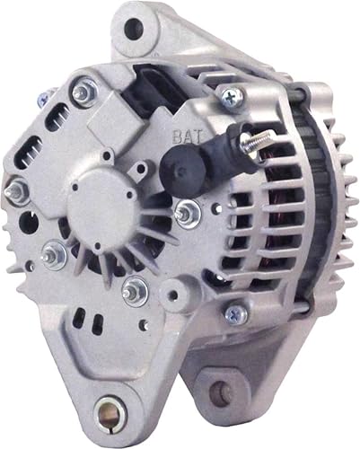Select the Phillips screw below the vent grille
tap(236, 313)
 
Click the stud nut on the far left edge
tap(16, 190)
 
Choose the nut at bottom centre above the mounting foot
tap(135, 289)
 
